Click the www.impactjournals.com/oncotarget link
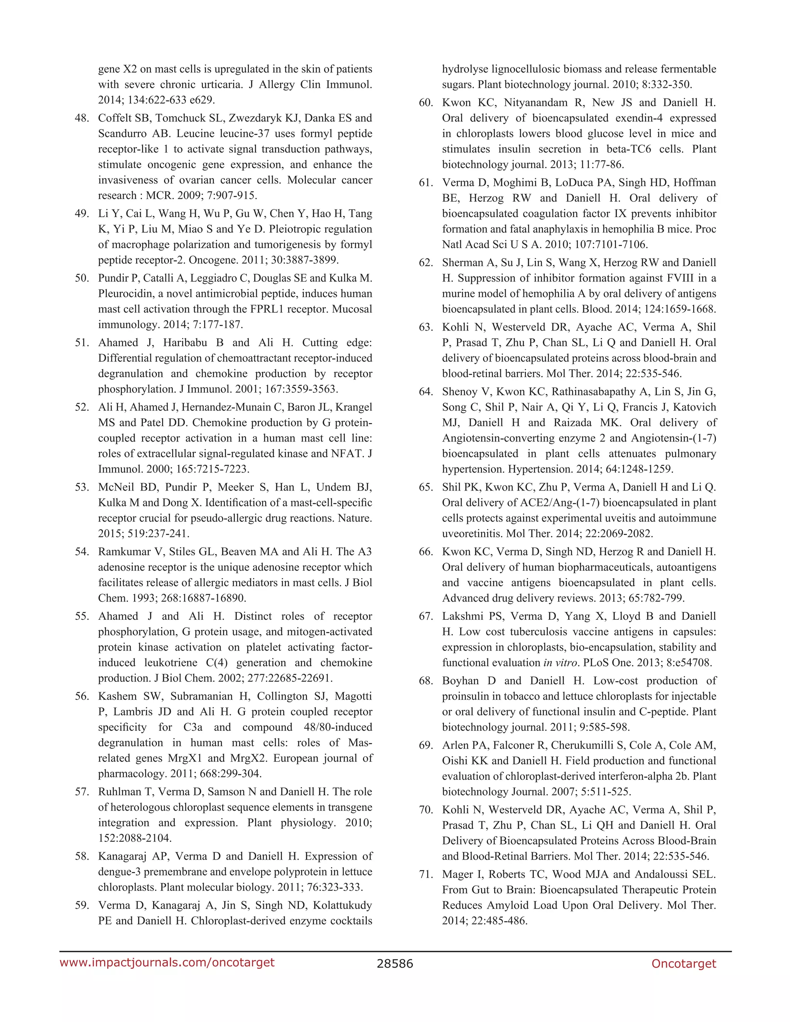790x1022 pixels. [x=167, y=963]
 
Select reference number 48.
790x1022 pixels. [x=82, y=118]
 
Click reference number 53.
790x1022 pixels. [x=82, y=487]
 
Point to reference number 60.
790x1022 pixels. [x=426, y=103]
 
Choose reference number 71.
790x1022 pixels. [x=426, y=875]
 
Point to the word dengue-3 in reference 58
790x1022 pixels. [x=119, y=872]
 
